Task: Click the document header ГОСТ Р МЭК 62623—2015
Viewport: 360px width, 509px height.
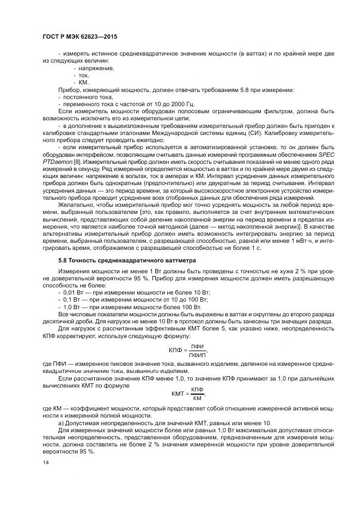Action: point(80,36)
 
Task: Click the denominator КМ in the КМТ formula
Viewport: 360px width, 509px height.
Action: point(197,398)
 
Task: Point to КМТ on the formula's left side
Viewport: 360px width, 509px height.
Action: point(179,394)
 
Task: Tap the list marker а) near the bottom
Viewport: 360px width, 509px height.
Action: point(61,422)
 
